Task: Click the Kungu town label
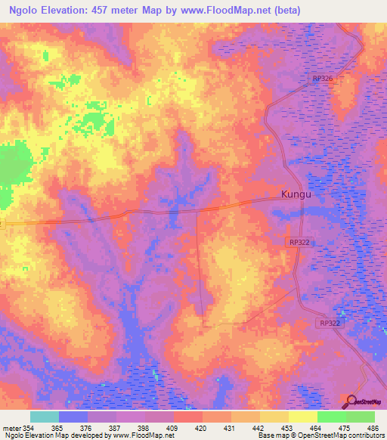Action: pos(296,194)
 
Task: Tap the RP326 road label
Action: pos(322,79)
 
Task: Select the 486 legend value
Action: pos(373,427)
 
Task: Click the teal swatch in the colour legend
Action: pos(45,417)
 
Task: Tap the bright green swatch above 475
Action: pos(331,417)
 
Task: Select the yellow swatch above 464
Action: pos(302,417)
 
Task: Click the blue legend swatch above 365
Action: pos(73,417)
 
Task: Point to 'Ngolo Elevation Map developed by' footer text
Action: pos(54,435)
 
